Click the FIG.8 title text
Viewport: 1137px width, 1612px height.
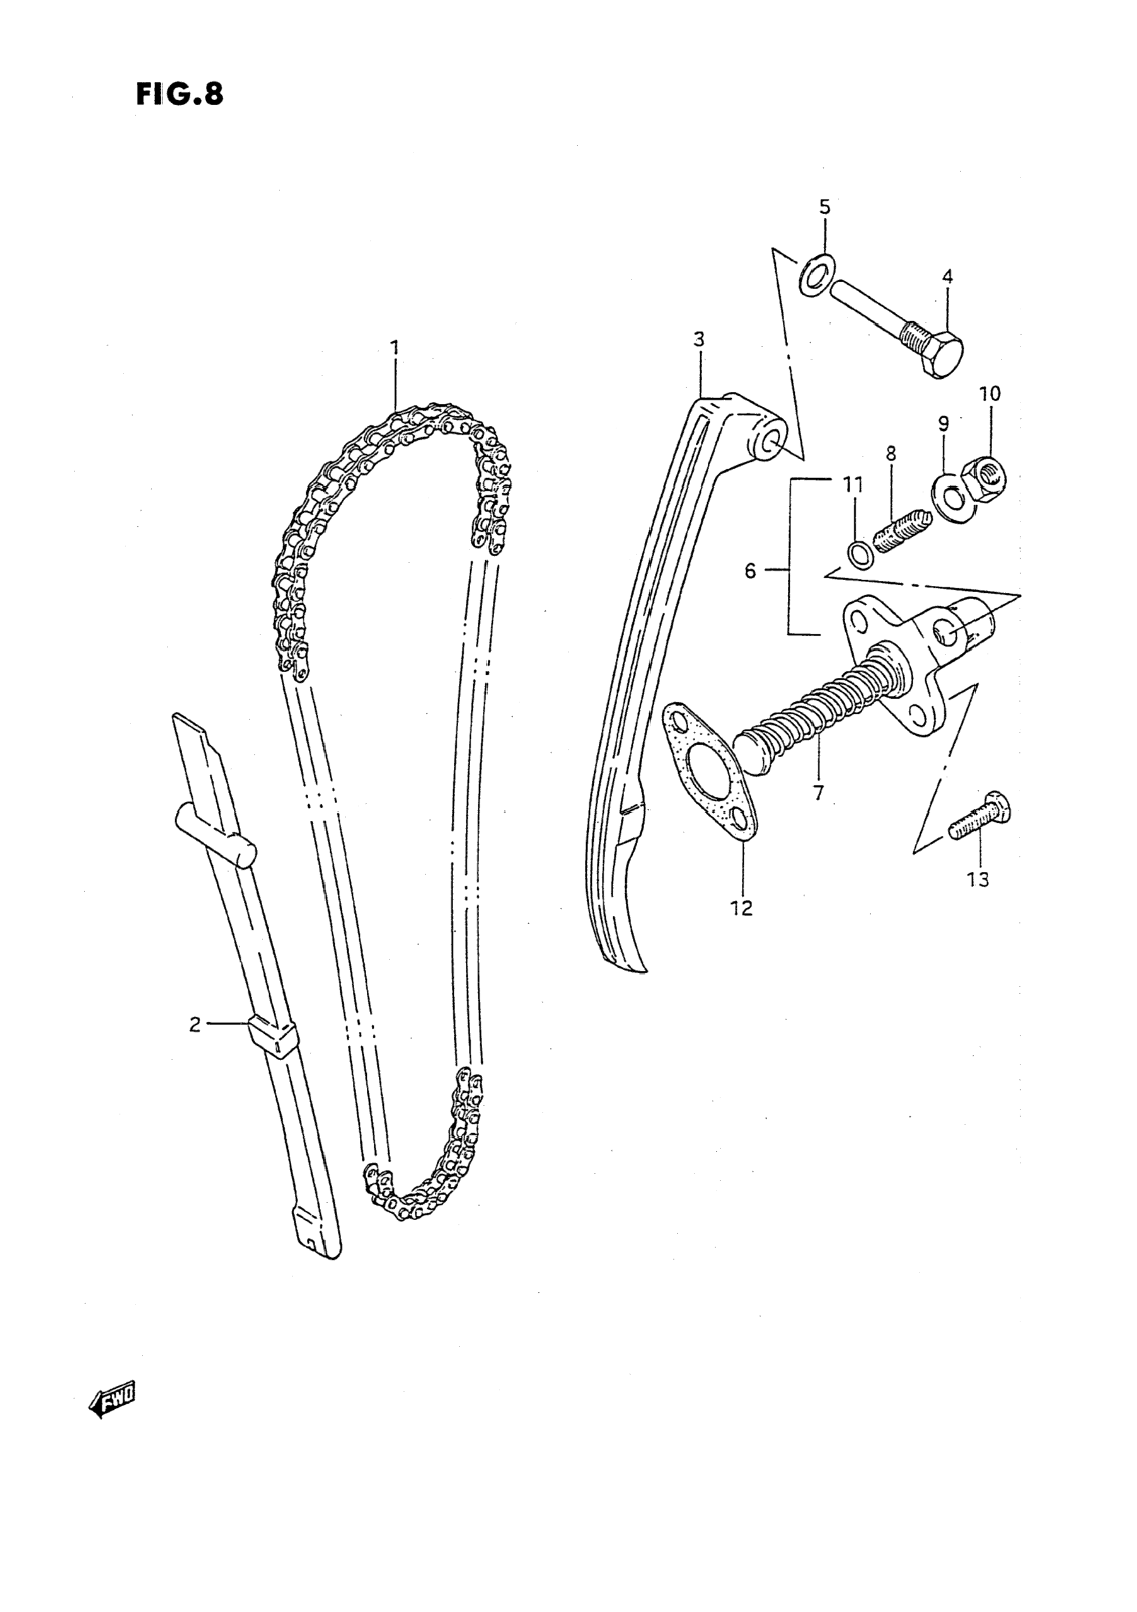coord(180,94)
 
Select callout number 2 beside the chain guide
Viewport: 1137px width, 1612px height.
coord(195,1024)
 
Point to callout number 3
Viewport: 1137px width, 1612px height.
coord(698,340)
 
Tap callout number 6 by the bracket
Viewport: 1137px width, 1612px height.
coord(750,571)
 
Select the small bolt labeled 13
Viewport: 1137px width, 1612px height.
coord(979,820)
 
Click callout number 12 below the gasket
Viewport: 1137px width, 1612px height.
coord(741,908)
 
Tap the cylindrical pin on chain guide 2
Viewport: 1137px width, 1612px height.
coord(216,836)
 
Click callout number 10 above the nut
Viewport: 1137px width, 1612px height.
coord(990,393)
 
